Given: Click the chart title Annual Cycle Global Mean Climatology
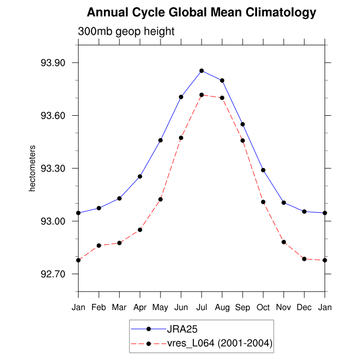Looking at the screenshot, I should click(x=202, y=12).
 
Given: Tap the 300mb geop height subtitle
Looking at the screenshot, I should click(x=126, y=31).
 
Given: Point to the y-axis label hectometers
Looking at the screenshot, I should click(x=32, y=169).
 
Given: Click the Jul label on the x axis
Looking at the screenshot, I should click(x=202, y=307).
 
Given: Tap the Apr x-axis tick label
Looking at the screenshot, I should click(x=140, y=307).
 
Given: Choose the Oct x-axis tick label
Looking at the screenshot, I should click(x=263, y=307).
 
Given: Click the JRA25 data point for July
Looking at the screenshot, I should click(x=202, y=70).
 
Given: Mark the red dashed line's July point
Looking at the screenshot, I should click(x=202, y=95).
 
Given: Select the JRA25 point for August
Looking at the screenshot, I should click(x=222, y=80).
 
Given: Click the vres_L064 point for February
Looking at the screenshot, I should click(x=99, y=246).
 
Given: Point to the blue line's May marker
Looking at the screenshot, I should click(x=160, y=140).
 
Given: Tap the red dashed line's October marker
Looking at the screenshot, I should click(x=263, y=202).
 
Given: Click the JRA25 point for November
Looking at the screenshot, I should click(x=284, y=203).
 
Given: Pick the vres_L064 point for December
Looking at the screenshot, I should click(x=304, y=259).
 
